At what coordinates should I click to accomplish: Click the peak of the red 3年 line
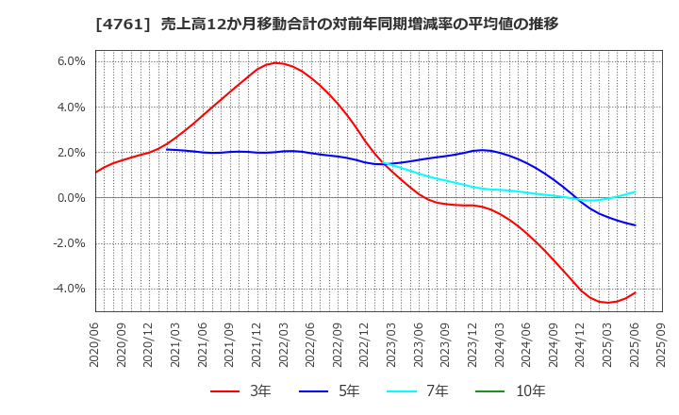click(x=276, y=63)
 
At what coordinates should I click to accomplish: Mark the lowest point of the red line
click(x=607, y=303)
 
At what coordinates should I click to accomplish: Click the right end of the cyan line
click(x=635, y=191)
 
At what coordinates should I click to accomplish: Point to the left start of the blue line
click(x=167, y=149)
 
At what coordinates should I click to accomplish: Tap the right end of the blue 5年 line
click(x=635, y=225)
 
